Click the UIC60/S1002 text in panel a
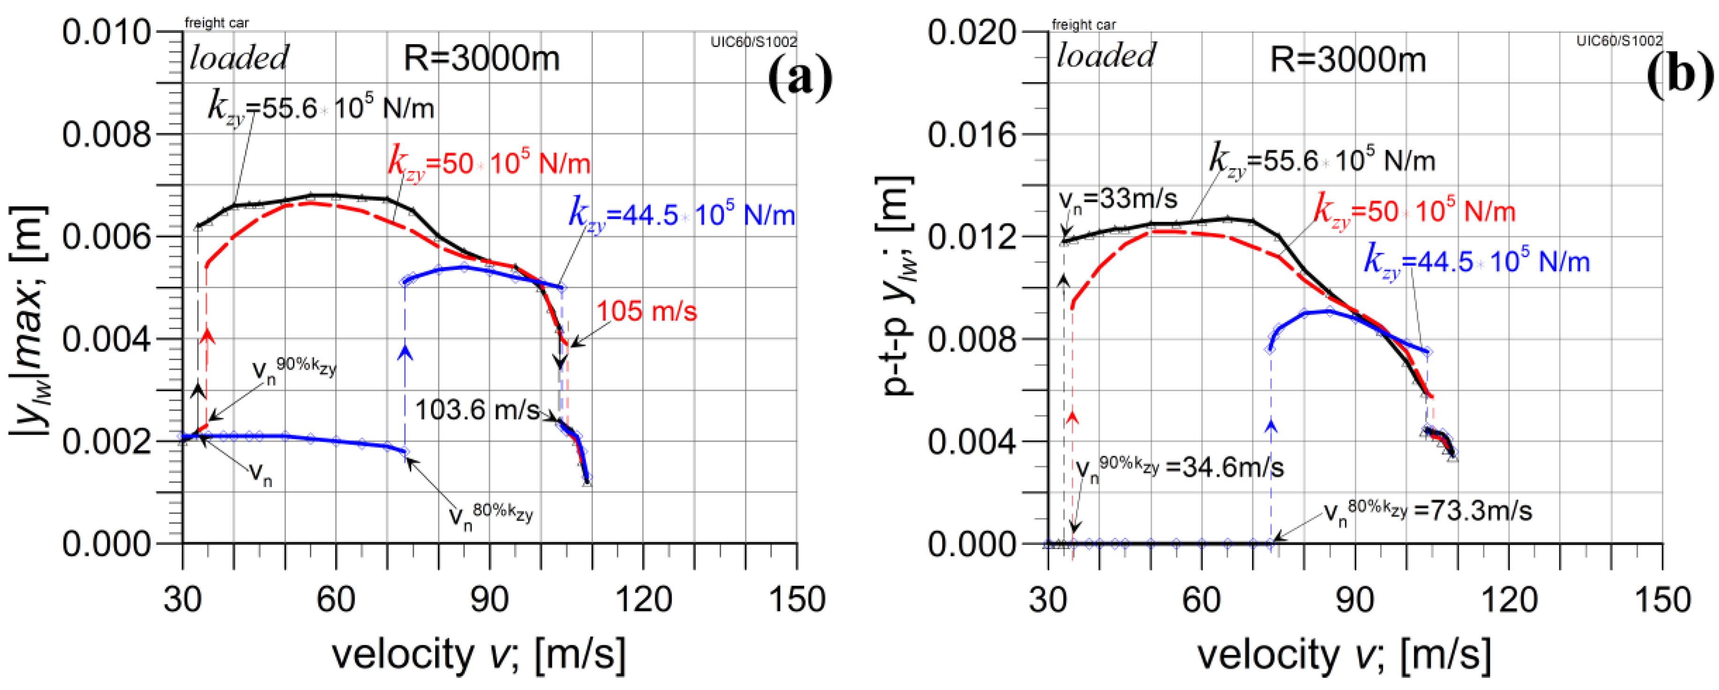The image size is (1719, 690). (x=753, y=42)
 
